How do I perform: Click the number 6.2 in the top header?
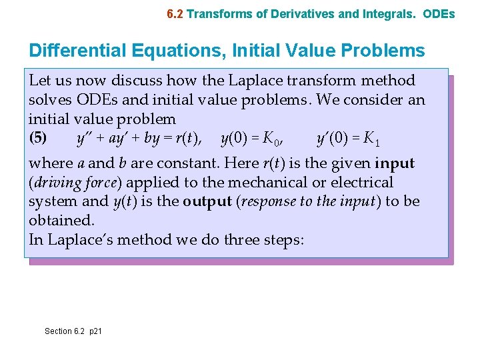click(x=175, y=13)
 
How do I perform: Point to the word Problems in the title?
click(x=385, y=51)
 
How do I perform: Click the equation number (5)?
click(x=38, y=139)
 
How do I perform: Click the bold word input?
click(x=395, y=163)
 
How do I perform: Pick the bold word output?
click(x=207, y=201)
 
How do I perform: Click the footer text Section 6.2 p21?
click(x=73, y=331)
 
